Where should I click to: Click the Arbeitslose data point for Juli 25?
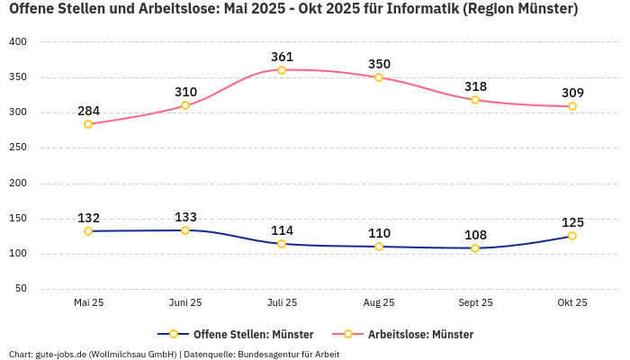pyautogui.click(x=282, y=70)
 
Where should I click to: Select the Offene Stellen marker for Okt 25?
pyautogui.click(x=571, y=236)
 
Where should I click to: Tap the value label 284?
pyautogui.click(x=88, y=112)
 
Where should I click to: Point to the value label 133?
pyautogui.click(x=185, y=217)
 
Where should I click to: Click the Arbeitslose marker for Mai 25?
pyautogui.click(x=88, y=124)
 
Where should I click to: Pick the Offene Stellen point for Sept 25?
pyautogui.click(x=475, y=248)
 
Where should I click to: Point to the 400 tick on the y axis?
pyautogui.click(x=18, y=42)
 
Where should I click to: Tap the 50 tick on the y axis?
pyautogui.click(x=21, y=289)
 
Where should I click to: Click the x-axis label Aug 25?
pyautogui.click(x=379, y=302)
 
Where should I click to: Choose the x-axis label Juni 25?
pyautogui.click(x=185, y=302)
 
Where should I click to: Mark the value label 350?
pyautogui.click(x=379, y=64)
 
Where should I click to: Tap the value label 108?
pyautogui.click(x=475, y=235)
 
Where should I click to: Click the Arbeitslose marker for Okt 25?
pyautogui.click(x=571, y=106)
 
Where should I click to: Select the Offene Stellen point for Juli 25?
pyautogui.click(x=282, y=244)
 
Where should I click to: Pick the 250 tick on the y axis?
pyautogui.click(x=18, y=148)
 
